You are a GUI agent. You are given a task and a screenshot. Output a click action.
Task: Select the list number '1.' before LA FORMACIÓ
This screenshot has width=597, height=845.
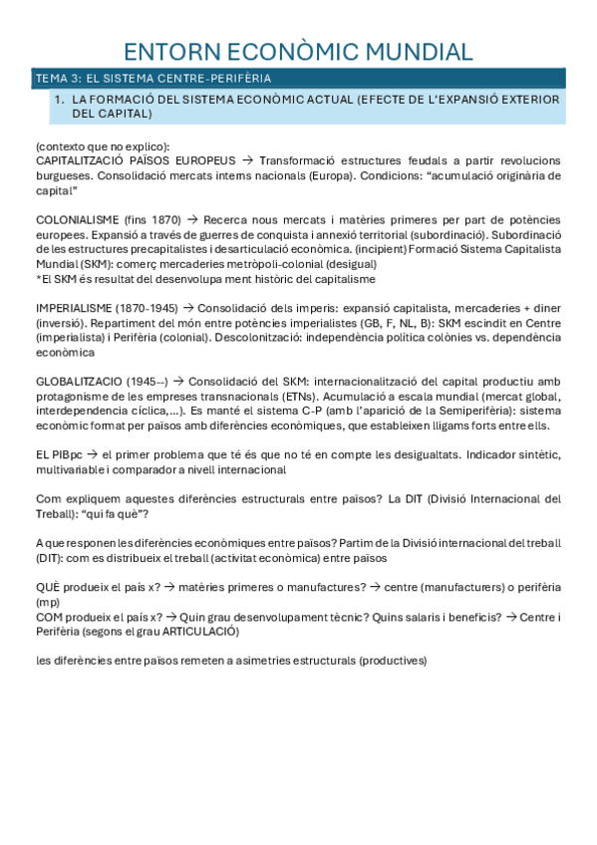point(59,100)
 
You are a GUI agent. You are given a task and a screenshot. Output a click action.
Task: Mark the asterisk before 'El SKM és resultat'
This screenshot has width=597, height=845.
point(38,279)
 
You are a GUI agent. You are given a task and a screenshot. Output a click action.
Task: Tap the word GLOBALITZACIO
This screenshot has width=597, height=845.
point(83,383)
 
